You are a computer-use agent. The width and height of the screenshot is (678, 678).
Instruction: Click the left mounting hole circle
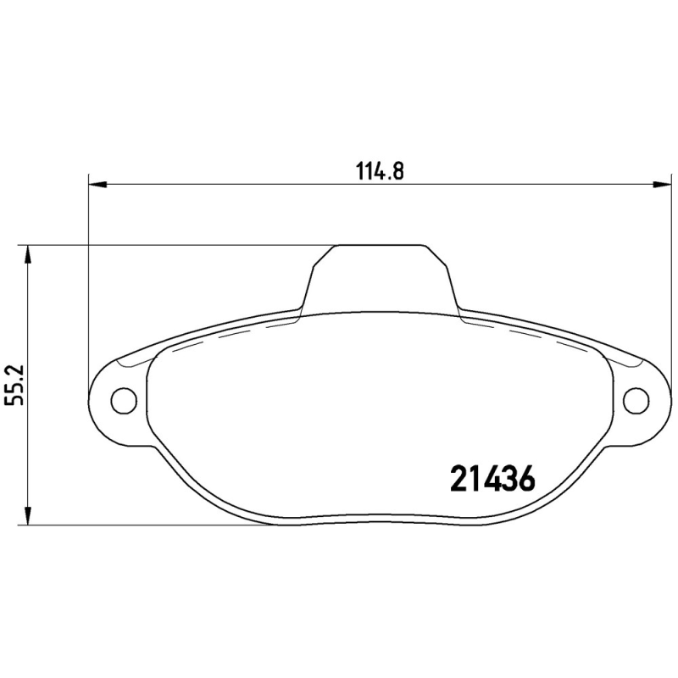click(x=124, y=398)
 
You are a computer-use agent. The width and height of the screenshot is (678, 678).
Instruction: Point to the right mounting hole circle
click(x=635, y=398)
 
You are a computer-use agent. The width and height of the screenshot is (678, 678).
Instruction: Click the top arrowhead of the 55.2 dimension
click(x=29, y=253)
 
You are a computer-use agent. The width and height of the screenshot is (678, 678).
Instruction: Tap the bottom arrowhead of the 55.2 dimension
click(x=29, y=517)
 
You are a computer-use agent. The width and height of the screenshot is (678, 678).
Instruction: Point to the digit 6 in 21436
click(x=525, y=479)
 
